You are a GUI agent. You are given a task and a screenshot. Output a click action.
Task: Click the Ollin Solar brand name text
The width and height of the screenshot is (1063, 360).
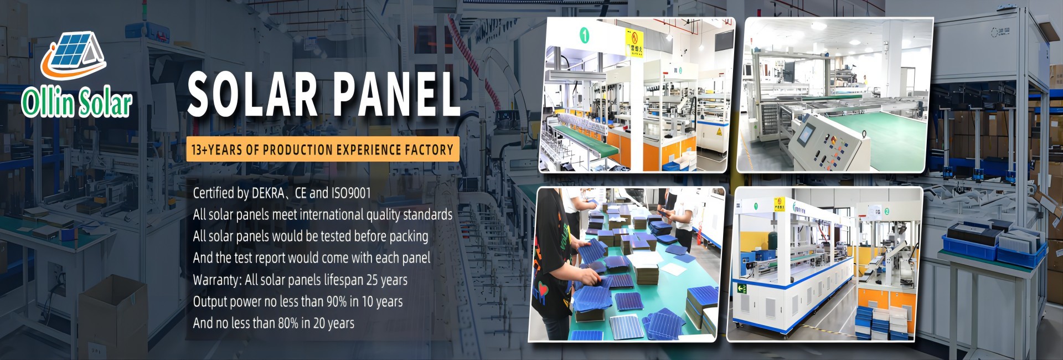76,103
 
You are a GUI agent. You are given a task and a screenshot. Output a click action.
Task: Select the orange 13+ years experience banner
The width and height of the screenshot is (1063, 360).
322,150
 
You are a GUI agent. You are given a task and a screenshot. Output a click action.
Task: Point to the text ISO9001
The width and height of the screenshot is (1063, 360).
351,193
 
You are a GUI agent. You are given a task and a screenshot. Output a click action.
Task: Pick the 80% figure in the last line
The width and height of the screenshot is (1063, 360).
288,323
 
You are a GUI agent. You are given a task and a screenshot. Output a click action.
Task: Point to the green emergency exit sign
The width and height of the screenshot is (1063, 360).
741,289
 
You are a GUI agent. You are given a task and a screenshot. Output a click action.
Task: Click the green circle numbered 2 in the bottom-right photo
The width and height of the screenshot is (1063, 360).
886,211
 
